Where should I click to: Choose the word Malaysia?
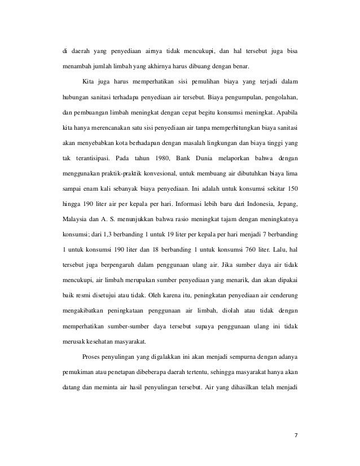(x=73, y=217)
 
